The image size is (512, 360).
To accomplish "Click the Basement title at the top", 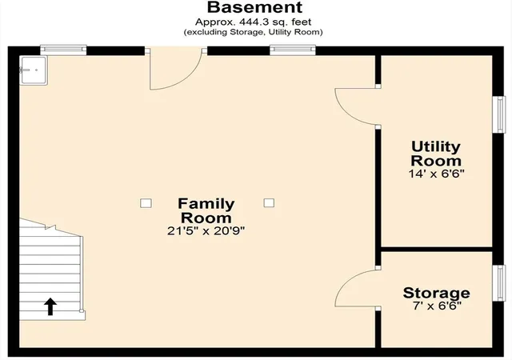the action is (255, 7).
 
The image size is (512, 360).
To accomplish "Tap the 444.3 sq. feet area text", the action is (275, 22).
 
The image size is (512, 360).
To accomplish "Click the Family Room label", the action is (206, 210).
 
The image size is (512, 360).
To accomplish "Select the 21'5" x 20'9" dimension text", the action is (206, 231).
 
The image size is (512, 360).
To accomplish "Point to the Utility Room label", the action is (436, 154).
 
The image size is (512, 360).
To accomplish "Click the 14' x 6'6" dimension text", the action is (436, 174).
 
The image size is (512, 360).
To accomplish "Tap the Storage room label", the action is (436, 293).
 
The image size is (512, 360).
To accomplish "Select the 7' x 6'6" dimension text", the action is (437, 306).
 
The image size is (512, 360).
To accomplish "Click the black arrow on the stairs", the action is (50, 306).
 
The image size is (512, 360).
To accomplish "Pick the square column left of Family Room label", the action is (146, 203).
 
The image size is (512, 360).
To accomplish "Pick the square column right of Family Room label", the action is (269, 203).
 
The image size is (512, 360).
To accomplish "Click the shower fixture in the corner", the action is (34, 70).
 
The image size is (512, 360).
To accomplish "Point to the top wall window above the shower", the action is (63, 50).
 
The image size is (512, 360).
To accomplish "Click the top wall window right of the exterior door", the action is (293, 50).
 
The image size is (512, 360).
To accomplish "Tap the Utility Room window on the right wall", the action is (498, 114).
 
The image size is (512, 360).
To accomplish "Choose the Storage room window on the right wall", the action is (498, 283).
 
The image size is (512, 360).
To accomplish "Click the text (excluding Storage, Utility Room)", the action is (253, 32).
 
